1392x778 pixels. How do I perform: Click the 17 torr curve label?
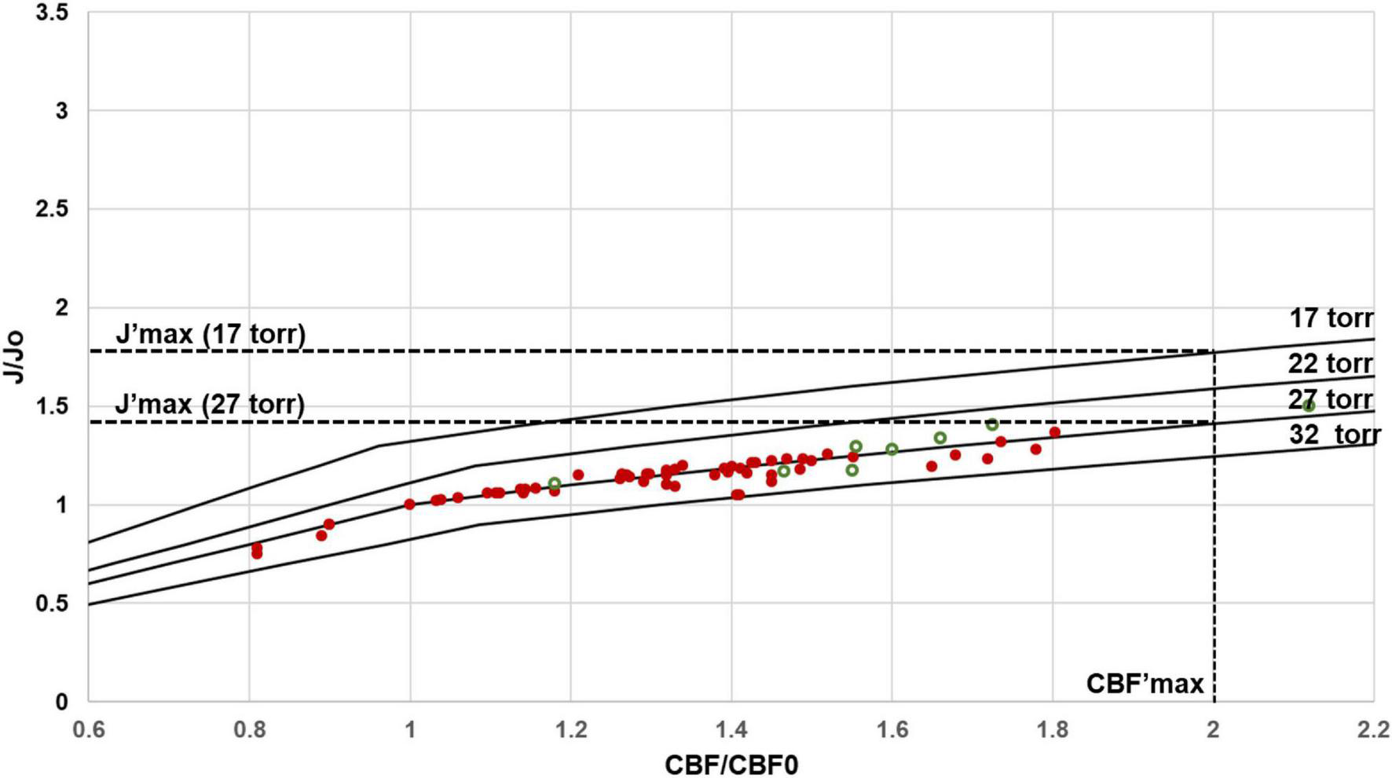point(1331,318)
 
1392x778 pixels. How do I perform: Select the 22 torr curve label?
point(1330,363)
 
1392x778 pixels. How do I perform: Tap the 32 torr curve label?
point(1334,434)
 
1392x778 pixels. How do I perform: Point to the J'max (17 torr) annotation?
point(211,334)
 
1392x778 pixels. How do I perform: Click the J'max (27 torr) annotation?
point(210,404)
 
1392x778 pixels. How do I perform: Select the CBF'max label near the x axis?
point(1145,683)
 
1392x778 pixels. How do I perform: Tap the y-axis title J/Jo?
point(14,358)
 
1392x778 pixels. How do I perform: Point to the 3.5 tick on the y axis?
point(52,13)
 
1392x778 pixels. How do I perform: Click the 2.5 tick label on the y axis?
point(52,210)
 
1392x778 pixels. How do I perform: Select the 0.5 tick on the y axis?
point(52,604)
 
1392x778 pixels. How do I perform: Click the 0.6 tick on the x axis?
point(88,729)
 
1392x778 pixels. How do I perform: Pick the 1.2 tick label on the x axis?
point(570,729)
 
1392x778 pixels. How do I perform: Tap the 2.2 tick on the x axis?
point(1373,729)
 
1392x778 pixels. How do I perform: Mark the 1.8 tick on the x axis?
point(1053,729)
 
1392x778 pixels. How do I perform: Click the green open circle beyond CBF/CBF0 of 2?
point(1309,406)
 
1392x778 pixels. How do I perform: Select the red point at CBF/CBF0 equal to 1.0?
point(409,504)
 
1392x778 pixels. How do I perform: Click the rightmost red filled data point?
point(1055,431)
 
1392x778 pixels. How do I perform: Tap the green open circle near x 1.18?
point(555,483)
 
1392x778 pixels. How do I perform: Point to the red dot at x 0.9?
point(329,524)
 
